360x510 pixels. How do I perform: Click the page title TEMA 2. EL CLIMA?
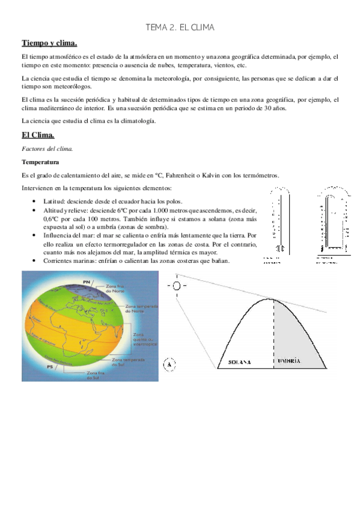click(180, 28)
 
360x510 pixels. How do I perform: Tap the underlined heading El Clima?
click(38, 134)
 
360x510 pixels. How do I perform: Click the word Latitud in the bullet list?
click(48, 201)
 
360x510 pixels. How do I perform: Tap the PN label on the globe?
click(87, 281)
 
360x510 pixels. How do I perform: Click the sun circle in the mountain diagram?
click(177, 286)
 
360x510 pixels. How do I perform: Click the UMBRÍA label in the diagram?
click(290, 361)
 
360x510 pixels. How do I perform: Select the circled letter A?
click(169, 363)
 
